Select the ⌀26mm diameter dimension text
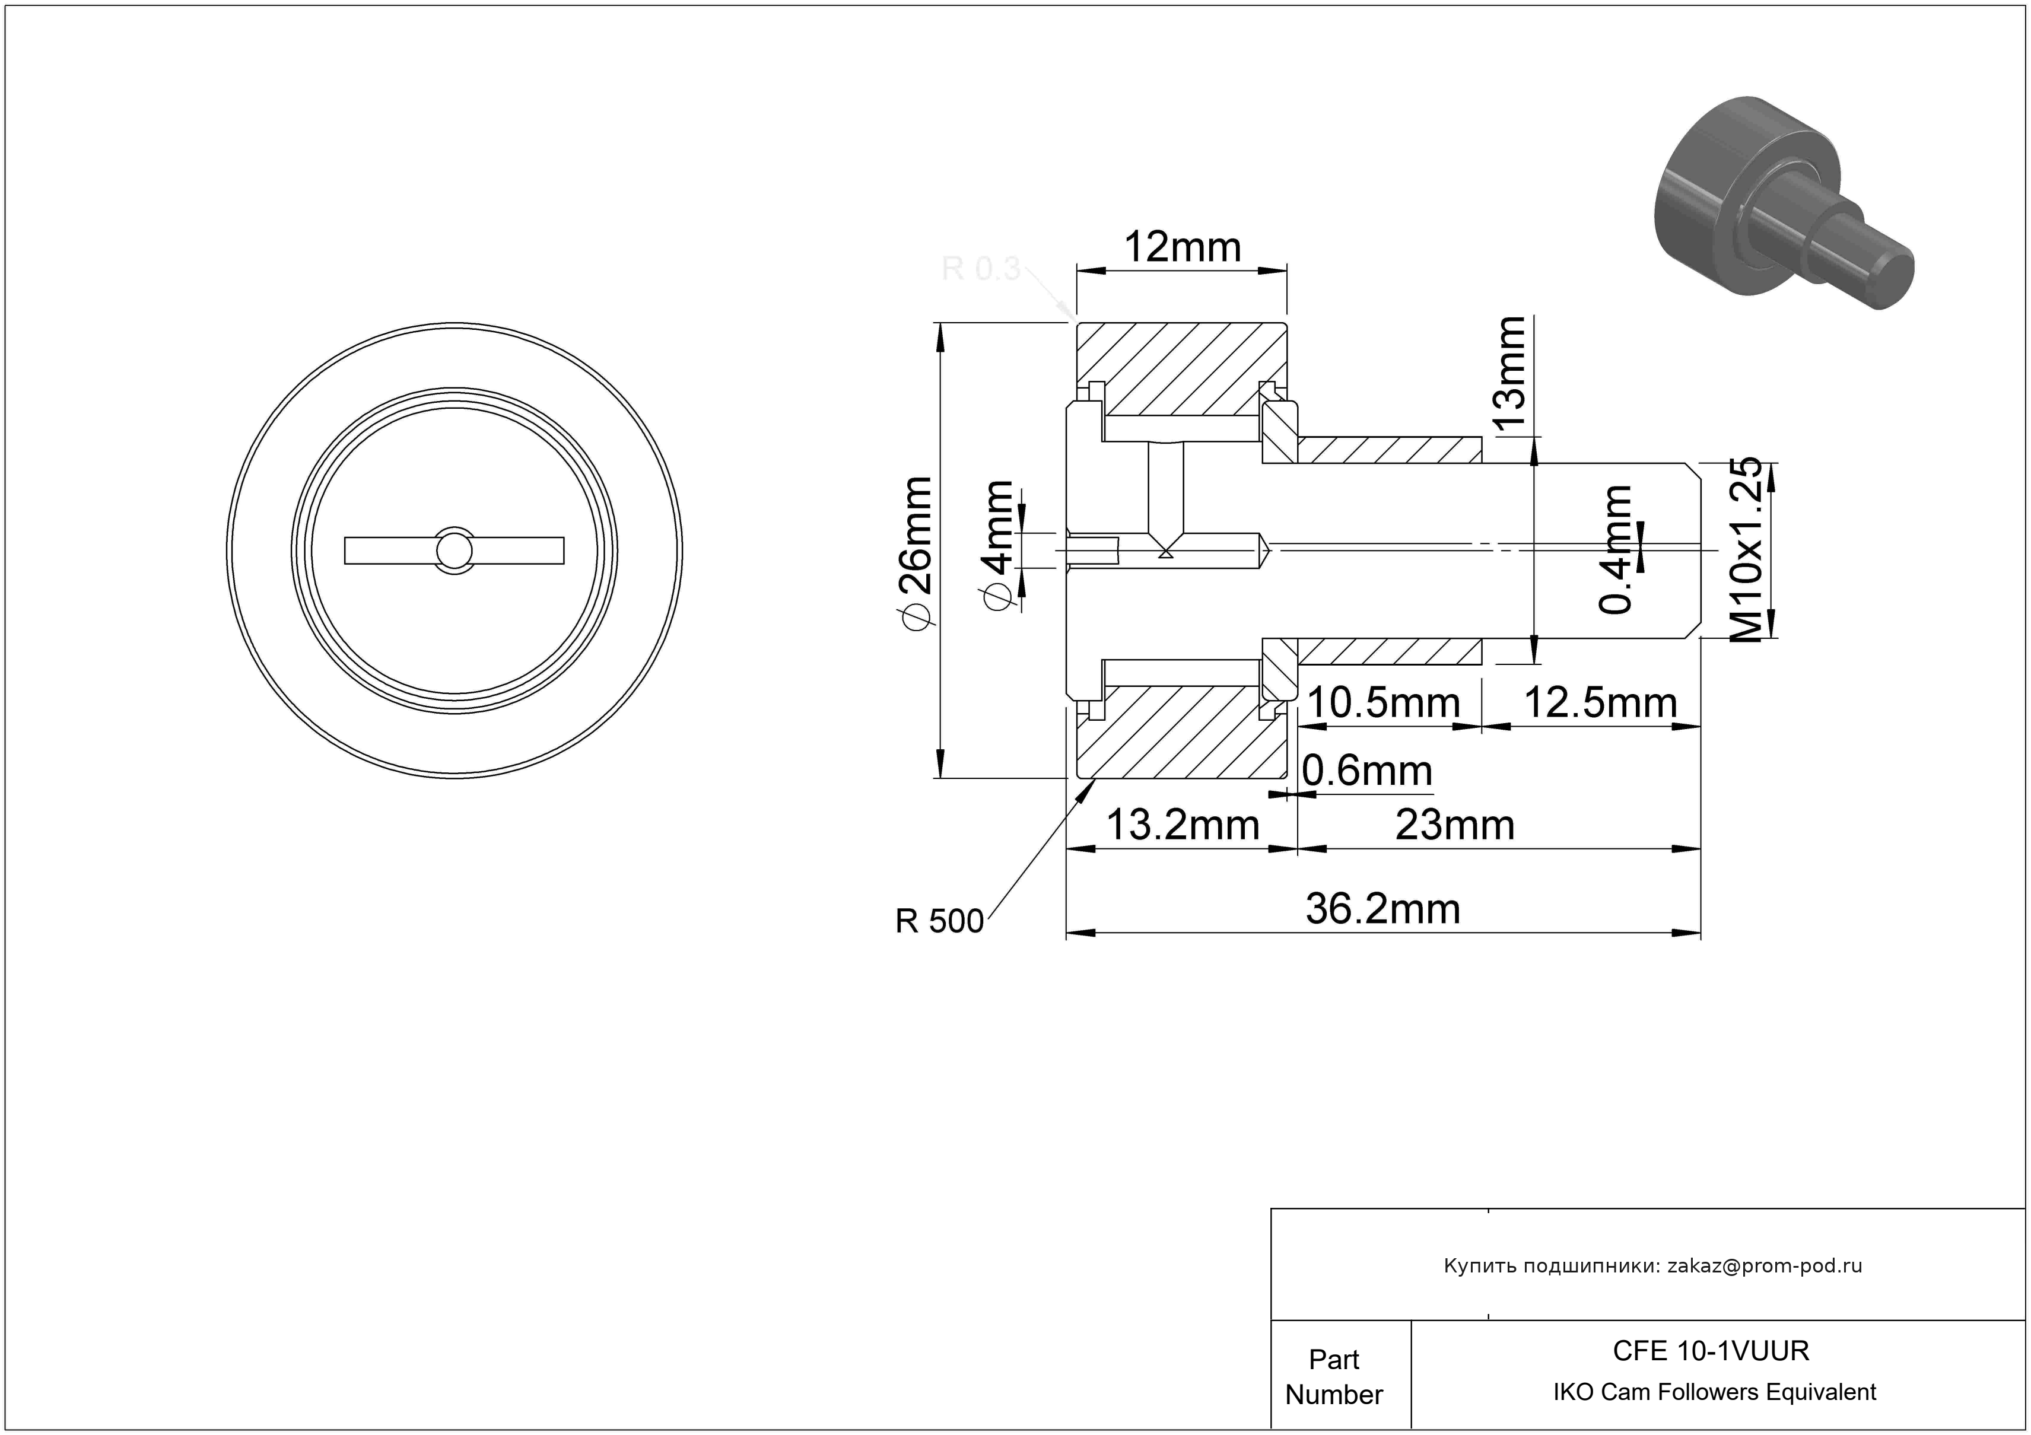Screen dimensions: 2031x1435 (915, 553)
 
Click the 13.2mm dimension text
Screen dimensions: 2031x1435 (1183, 825)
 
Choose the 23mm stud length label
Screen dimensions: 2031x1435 (1454, 825)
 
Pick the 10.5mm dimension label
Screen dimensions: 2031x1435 (1382, 704)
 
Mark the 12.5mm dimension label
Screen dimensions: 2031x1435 (1600, 704)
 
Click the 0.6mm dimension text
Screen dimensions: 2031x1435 (1366, 771)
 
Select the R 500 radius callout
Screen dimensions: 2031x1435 (939, 921)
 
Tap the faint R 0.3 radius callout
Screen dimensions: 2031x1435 (981, 268)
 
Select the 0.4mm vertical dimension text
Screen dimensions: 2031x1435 (1616, 549)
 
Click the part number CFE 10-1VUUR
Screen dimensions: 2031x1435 (1711, 1350)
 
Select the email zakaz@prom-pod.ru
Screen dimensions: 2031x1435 (1765, 1266)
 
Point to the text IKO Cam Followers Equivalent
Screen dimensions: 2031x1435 (1714, 1392)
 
